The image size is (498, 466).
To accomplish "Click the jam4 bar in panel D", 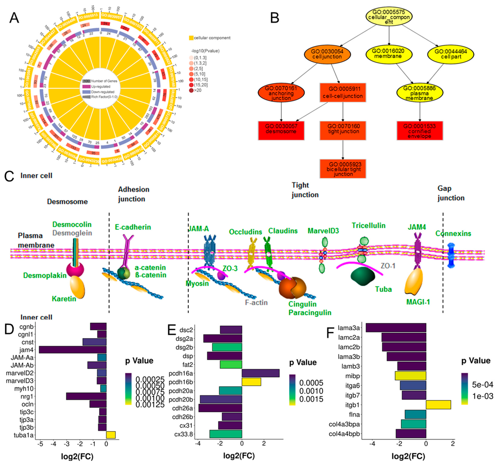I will (73, 350).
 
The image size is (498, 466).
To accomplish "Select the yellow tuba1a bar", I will (111, 435).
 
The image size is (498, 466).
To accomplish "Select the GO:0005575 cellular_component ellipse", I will (389, 17).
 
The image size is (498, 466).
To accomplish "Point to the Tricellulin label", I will (368, 225).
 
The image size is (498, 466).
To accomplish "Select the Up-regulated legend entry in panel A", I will (100, 87).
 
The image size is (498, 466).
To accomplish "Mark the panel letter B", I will (275, 18).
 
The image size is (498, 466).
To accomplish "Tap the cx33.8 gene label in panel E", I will (184, 434).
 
